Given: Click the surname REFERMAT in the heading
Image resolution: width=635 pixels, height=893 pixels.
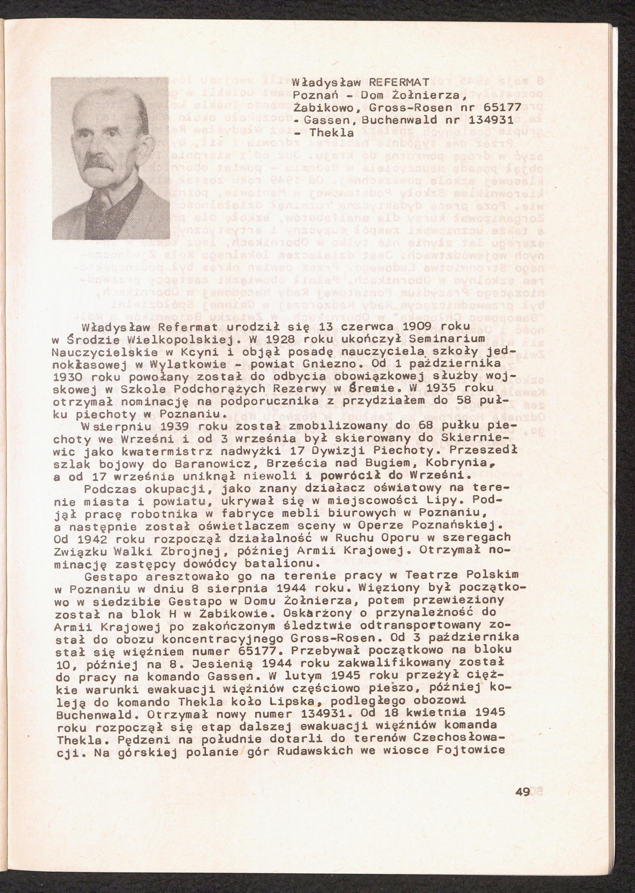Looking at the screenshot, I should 400,82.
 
